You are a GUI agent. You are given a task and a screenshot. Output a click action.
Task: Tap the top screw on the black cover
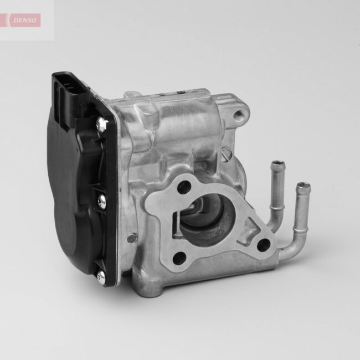pos(101,125)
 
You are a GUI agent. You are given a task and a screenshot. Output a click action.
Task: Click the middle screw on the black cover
pos(102,202)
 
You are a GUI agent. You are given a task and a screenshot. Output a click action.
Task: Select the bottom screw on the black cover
pos(101,275)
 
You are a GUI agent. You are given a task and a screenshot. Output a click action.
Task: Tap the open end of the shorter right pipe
pos(303,187)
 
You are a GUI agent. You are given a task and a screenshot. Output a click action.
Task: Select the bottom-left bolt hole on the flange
pos(179,258)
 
